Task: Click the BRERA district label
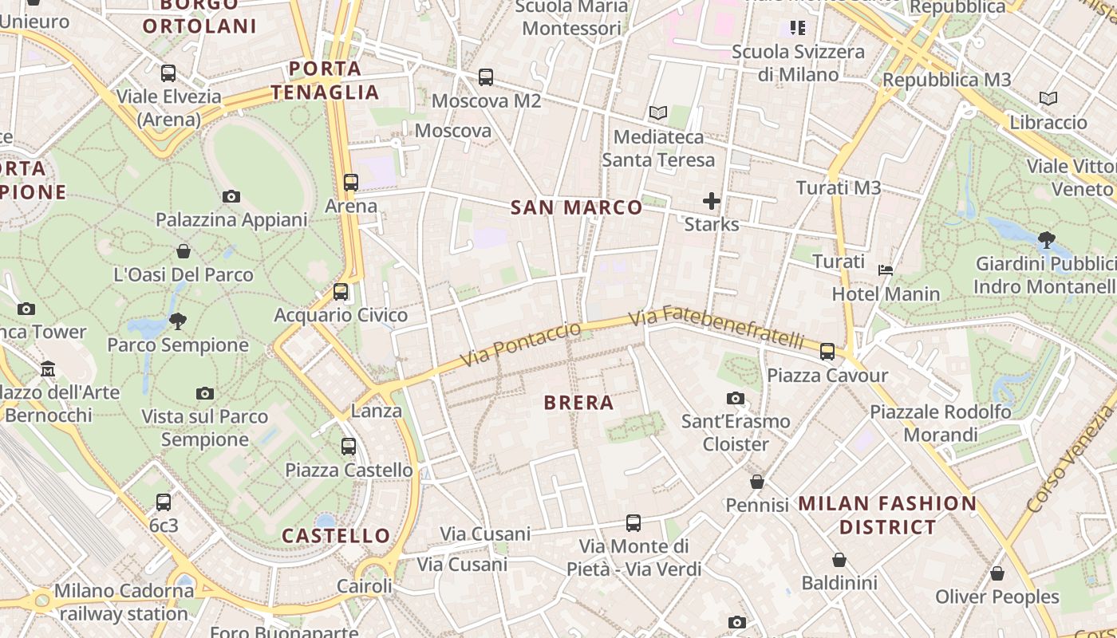point(578,403)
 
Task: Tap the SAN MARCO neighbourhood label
point(576,208)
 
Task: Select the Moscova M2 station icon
point(486,77)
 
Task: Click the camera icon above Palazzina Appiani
point(231,196)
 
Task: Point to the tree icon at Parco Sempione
point(177,321)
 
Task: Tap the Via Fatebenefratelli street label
point(716,329)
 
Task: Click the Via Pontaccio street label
point(522,345)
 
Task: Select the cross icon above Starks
point(712,201)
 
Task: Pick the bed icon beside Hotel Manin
point(886,270)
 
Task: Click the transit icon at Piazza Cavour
point(827,351)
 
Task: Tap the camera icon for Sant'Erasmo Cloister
point(736,398)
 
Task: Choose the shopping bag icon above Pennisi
point(757,482)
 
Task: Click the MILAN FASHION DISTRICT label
point(887,515)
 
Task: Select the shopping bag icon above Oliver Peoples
point(997,573)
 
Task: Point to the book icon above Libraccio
point(1048,99)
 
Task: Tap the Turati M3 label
point(839,188)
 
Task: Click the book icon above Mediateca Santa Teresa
point(658,113)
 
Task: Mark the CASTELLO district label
point(336,535)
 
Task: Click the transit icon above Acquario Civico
point(341,292)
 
